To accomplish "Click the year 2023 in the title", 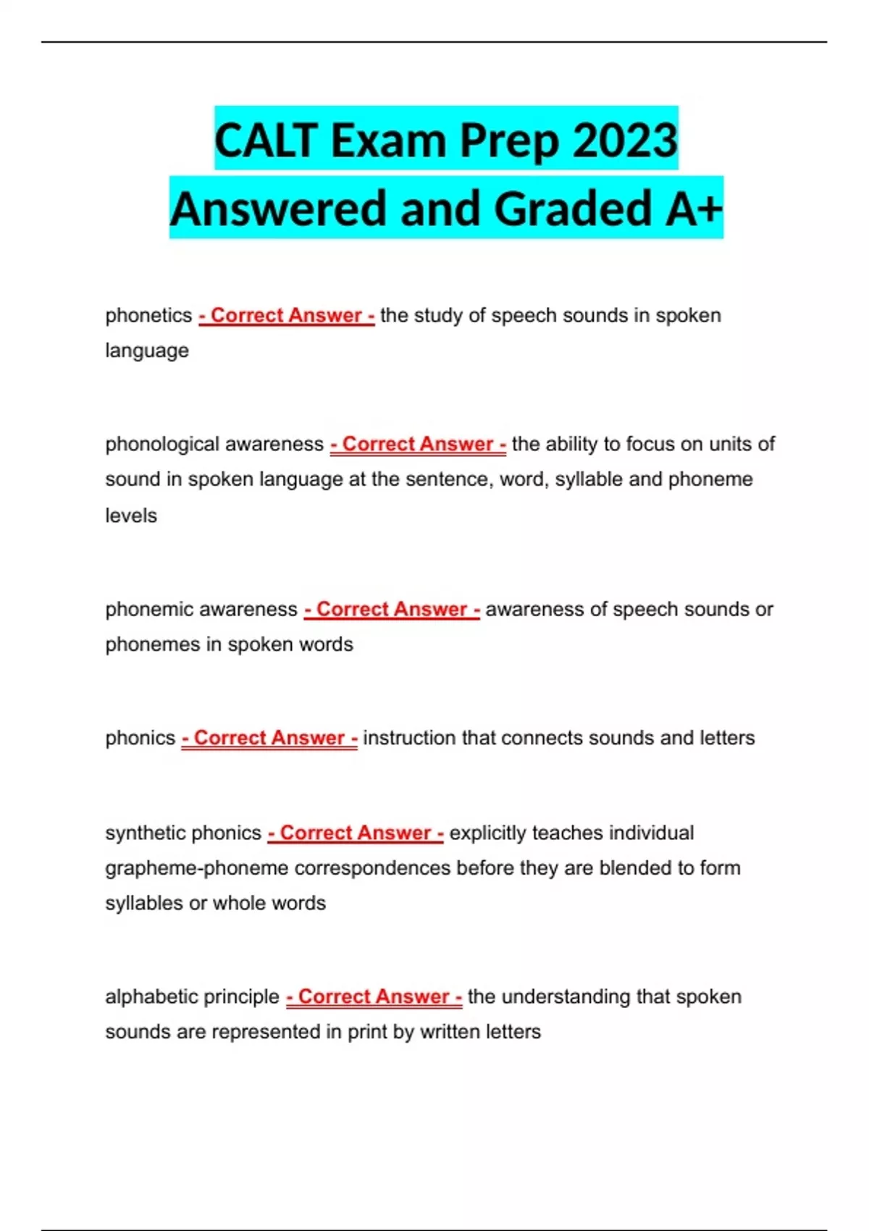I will tap(625, 140).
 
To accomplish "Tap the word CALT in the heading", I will tap(266, 140).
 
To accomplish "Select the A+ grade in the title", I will tap(694, 209).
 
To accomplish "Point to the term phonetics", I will tap(148, 316).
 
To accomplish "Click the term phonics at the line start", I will tap(140, 738).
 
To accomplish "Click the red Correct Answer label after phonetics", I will tap(287, 316).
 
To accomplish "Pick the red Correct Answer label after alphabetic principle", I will tap(374, 997).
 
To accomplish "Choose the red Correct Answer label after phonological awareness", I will tap(418, 444).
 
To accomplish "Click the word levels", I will tap(131, 516).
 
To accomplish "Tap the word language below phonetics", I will tap(147, 350).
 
